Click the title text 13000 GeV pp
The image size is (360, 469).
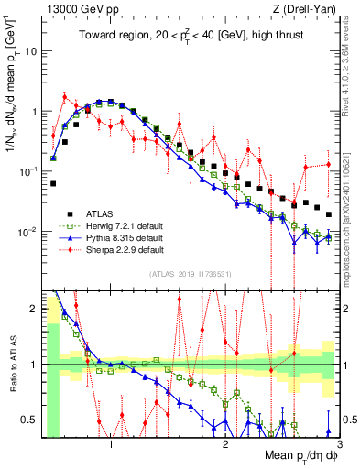[x=77, y=9]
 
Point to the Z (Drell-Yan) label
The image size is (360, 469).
[x=303, y=9]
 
